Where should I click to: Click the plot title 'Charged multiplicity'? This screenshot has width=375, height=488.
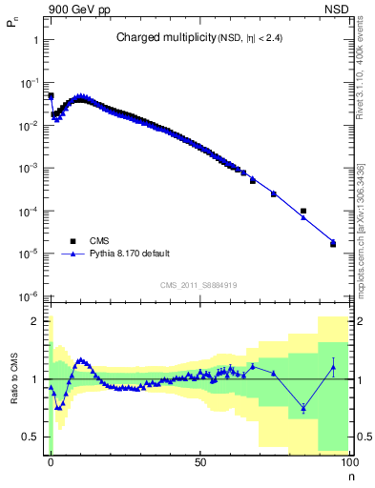[x=156, y=37]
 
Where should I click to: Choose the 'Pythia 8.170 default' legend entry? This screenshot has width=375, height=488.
[x=131, y=254]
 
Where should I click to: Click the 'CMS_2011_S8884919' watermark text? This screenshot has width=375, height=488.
[x=198, y=284]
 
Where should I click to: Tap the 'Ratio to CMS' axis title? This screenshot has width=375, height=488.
[x=12, y=379]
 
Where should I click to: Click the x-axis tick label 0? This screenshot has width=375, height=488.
[x=50, y=462]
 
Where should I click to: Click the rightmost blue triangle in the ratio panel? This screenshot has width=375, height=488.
[x=333, y=367]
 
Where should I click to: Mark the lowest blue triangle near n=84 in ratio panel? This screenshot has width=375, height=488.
[x=303, y=409]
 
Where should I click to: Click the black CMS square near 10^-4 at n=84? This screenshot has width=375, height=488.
[x=303, y=211]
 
